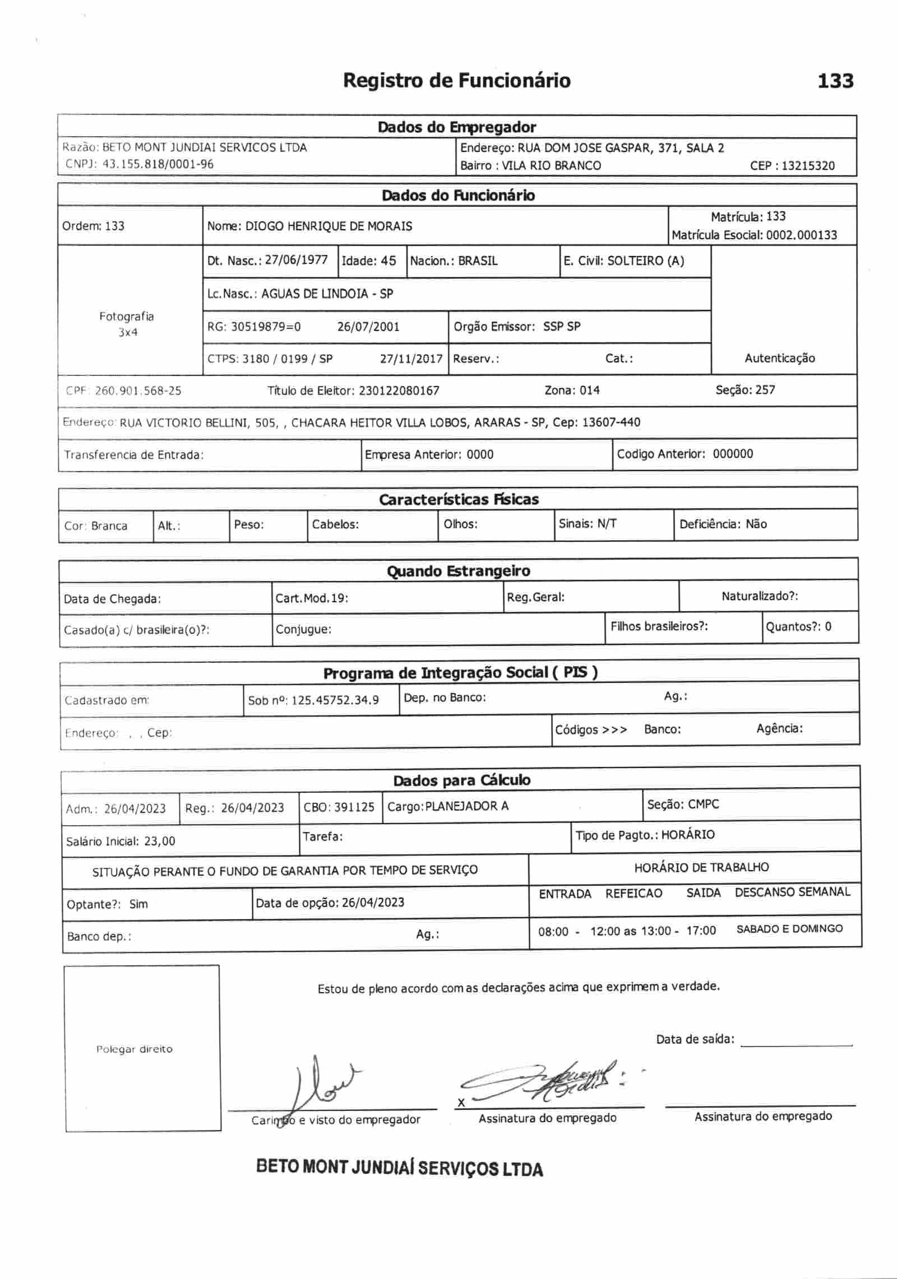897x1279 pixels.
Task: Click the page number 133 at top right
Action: [x=835, y=81]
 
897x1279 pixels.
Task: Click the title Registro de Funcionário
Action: [x=456, y=81]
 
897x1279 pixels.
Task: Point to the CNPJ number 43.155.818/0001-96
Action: [x=158, y=164]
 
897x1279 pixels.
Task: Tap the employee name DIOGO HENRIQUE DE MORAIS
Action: [x=329, y=226]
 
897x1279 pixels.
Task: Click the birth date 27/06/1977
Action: [x=296, y=260]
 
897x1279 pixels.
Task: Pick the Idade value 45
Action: [x=388, y=261]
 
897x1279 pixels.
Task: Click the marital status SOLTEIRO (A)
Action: [x=646, y=261]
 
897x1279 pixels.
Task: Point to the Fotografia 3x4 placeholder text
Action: [x=127, y=324]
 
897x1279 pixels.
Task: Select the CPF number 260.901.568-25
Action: [x=138, y=390]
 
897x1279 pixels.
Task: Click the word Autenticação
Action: [x=779, y=359]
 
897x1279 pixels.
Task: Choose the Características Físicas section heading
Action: [x=459, y=499]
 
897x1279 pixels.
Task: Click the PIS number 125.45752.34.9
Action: [x=335, y=700]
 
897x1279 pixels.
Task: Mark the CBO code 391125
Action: [x=354, y=807]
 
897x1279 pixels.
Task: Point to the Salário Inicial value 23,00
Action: [x=160, y=841]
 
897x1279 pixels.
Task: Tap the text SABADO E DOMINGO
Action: [x=789, y=929]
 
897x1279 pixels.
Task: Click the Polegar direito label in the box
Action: [x=134, y=1049]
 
